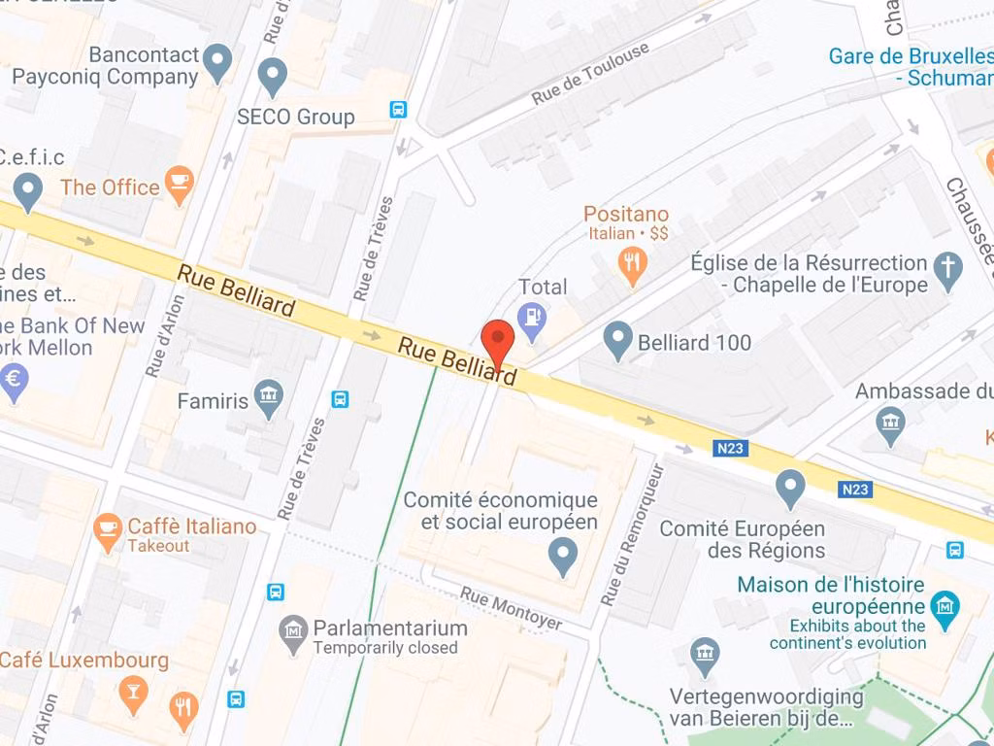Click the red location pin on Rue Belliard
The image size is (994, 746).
click(498, 341)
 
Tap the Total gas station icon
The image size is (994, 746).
click(531, 318)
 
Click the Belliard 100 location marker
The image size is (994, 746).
click(617, 340)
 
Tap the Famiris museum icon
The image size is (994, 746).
click(268, 395)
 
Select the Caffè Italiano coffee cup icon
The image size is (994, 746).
click(107, 530)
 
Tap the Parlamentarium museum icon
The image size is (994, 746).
click(292, 633)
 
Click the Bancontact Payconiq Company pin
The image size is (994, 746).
click(218, 62)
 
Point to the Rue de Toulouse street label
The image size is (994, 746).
click(590, 75)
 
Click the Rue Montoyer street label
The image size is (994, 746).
click(511, 608)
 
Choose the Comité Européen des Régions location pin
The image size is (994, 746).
click(791, 487)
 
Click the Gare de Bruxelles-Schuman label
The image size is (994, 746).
click(911, 66)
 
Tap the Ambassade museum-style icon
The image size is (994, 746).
click(890, 424)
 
